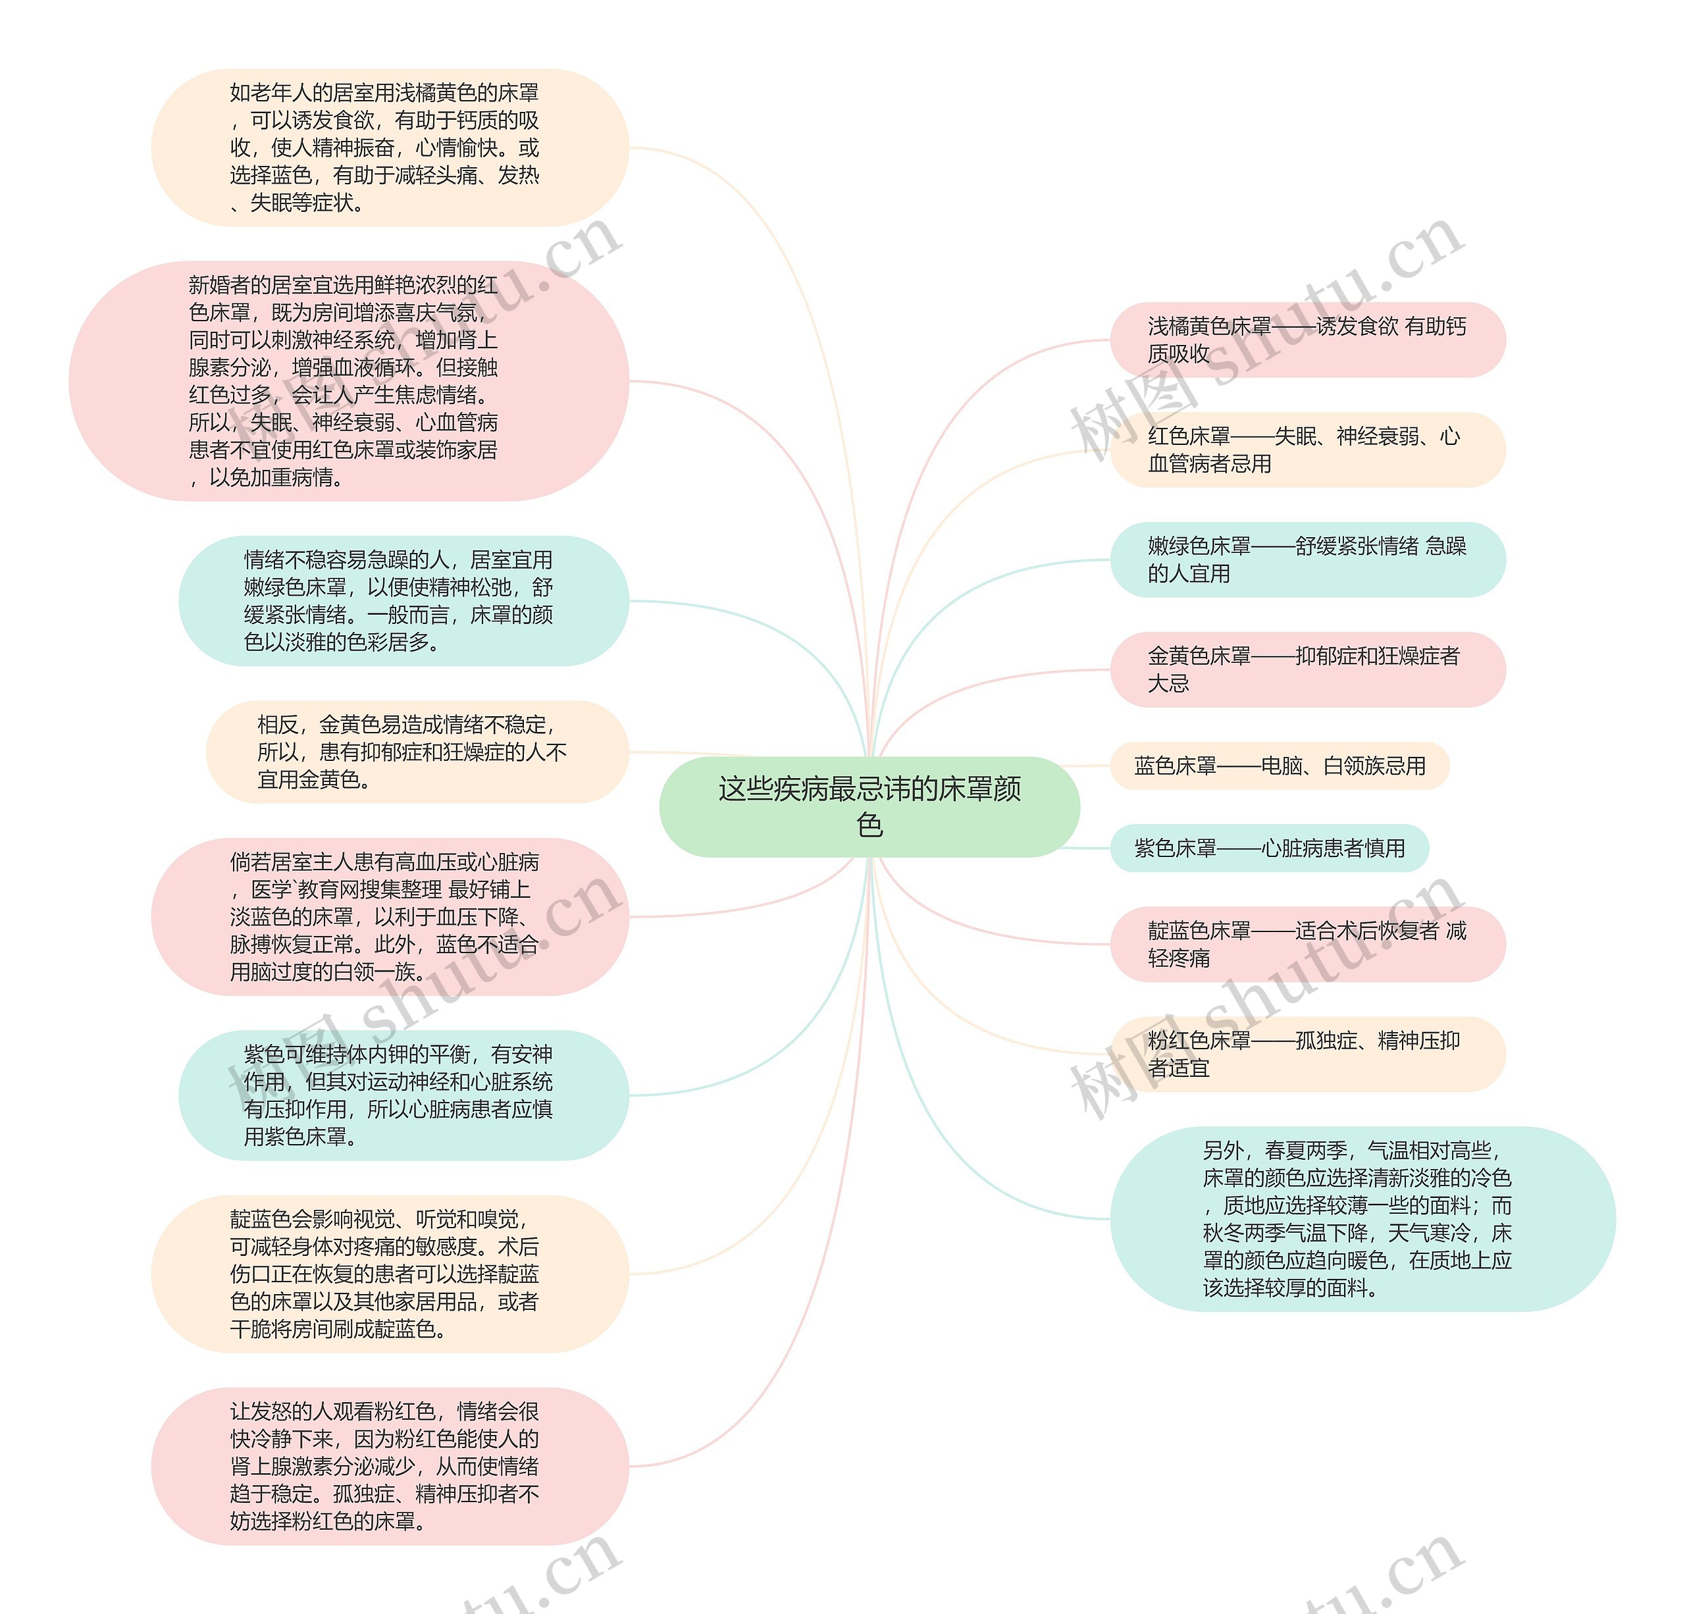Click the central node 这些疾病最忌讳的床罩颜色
point(869,806)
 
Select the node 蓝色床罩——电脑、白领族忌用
point(1280,766)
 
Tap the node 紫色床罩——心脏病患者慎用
point(1269,848)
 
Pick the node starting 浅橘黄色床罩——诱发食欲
point(1307,340)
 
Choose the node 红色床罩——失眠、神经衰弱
point(1307,450)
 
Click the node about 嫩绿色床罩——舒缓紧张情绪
point(1307,560)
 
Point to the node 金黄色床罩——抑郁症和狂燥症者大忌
point(1307,670)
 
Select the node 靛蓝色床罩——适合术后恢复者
point(1307,944)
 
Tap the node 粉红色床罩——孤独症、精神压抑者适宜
point(1307,1054)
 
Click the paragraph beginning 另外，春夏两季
point(1362,1218)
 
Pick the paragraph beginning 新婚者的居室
point(348,381)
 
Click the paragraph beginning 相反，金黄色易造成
point(417,752)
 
